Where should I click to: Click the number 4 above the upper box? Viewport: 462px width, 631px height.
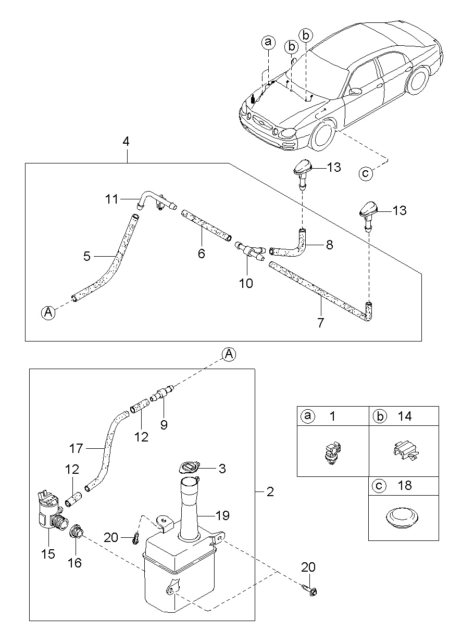pyautogui.click(x=127, y=142)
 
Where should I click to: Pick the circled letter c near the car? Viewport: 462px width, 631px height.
pyautogui.click(x=367, y=173)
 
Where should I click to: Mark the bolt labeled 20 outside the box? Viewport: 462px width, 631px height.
pyautogui.click(x=309, y=590)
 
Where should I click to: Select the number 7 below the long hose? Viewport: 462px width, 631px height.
pyautogui.click(x=321, y=323)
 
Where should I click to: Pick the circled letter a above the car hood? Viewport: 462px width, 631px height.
pyautogui.click(x=268, y=42)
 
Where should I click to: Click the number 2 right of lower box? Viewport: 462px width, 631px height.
pyautogui.click(x=270, y=491)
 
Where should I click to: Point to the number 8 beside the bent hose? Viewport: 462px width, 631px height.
pyautogui.click(x=329, y=244)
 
